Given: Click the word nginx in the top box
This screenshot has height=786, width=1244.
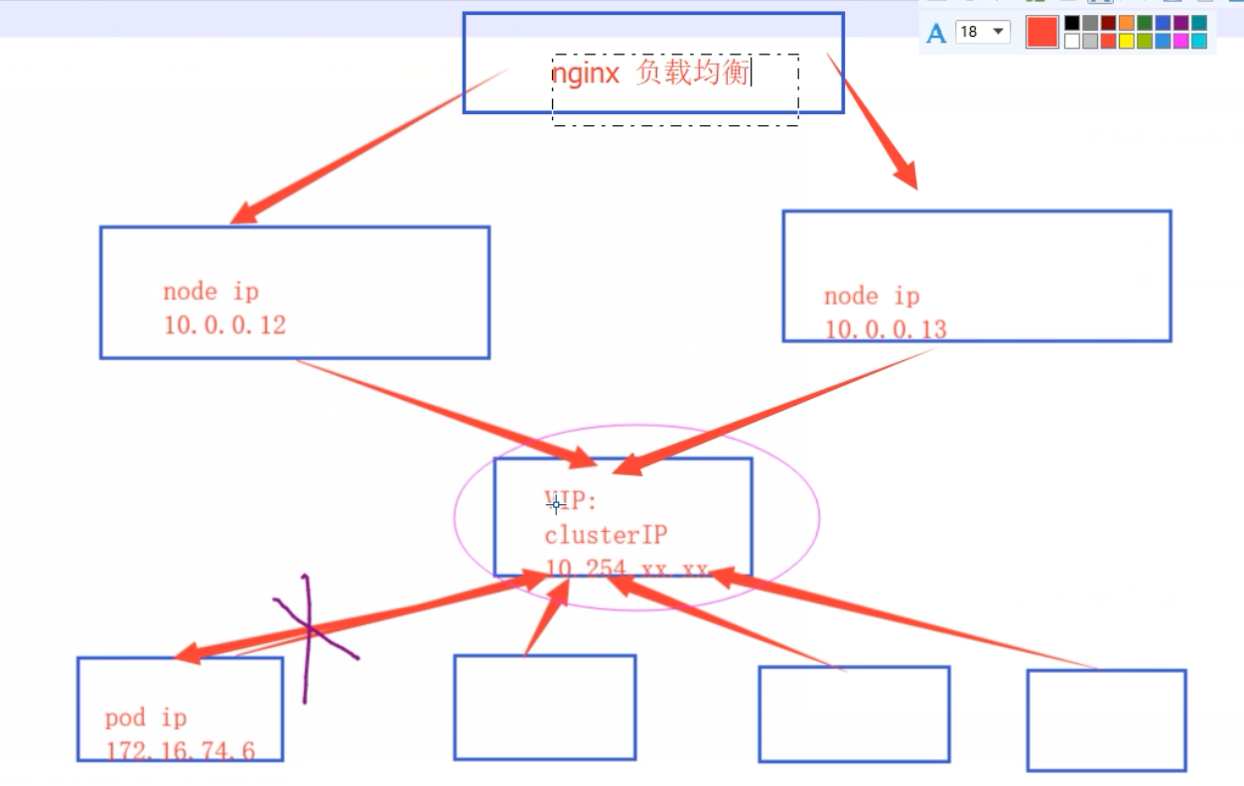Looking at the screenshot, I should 586,72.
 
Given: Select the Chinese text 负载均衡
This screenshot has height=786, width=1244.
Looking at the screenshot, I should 692,72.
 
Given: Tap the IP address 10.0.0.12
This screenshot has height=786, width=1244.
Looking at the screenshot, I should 224,326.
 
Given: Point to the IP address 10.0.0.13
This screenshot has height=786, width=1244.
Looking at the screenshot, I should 885,329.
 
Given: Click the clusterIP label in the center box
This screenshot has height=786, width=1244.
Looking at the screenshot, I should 606,535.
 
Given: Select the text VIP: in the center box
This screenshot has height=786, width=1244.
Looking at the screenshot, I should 571,502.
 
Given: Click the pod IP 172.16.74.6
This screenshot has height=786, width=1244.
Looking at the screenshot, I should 180,751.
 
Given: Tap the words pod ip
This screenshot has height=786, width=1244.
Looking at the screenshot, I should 146,718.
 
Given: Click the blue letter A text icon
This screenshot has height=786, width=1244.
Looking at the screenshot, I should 935,34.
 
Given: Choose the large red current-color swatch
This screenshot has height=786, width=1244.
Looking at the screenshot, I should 1041,32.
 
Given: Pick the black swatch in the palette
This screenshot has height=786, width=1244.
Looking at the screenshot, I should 1072,23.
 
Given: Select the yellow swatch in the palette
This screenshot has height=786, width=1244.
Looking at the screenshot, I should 1126,41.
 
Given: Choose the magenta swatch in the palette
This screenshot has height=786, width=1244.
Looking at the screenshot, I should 1180,41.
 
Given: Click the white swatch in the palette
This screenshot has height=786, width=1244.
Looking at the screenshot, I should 1072,41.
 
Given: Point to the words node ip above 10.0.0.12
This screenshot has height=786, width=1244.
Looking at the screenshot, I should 210,292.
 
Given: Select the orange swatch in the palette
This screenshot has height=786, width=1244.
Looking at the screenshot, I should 1126,23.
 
